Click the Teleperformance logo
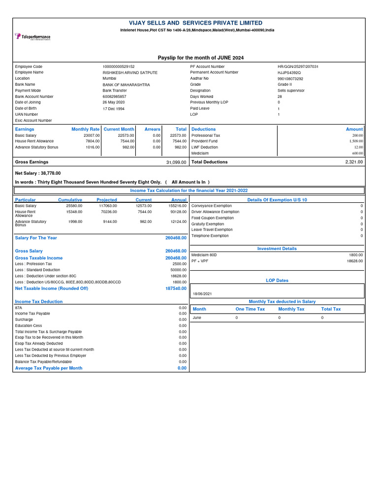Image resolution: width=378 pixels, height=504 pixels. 32,37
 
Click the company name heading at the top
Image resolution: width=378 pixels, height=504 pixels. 189,23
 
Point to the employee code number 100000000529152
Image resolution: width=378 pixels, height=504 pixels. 119,66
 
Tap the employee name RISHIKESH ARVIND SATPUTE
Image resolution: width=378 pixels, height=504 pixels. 126,72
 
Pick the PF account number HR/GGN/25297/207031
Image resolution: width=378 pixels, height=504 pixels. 298,66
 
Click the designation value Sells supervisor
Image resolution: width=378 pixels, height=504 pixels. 291,91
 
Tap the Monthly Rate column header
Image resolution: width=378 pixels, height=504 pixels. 86,129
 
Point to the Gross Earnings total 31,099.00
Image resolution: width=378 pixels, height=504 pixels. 176,162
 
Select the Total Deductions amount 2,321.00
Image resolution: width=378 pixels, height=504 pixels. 354,162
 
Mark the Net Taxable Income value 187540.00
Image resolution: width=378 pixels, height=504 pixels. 176,288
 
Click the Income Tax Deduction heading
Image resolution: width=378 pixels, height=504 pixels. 39,301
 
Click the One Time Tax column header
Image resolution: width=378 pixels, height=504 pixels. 250,309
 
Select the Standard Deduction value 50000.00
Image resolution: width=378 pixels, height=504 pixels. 178,270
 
